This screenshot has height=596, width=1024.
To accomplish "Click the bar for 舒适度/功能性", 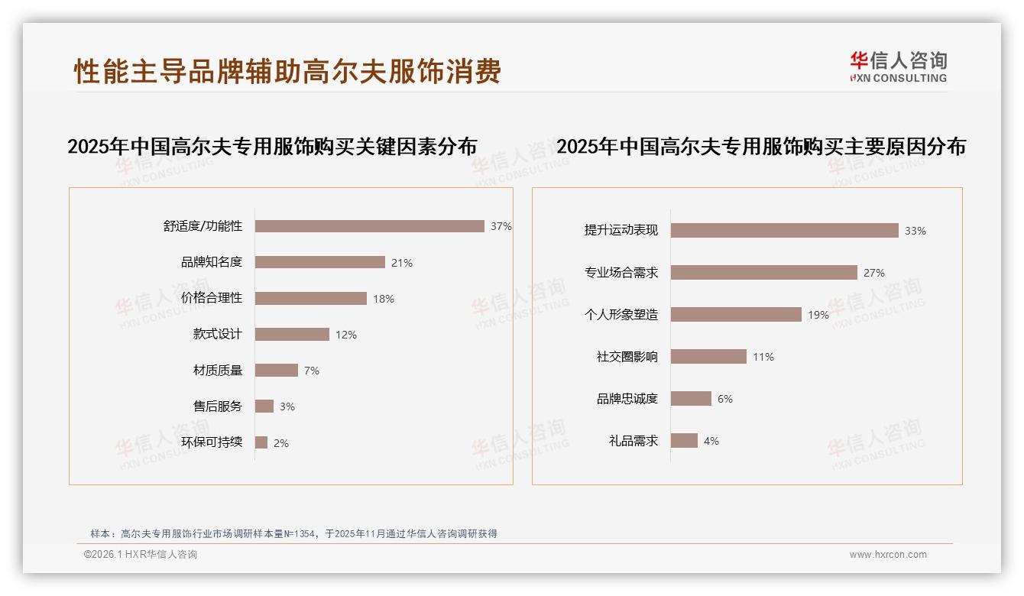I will click(x=370, y=226).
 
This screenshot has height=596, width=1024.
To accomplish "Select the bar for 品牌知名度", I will click(x=320, y=262).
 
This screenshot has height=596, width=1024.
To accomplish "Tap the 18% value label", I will click(x=384, y=299).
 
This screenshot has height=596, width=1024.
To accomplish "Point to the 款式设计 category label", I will click(x=217, y=334).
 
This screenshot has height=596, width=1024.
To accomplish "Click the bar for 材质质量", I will click(x=277, y=370).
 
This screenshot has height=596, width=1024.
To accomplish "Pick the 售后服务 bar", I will click(x=264, y=406).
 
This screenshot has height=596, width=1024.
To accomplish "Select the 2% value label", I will click(x=281, y=443).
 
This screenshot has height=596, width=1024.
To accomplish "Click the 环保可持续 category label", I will click(x=212, y=442).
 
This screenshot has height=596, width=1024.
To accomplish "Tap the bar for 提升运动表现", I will click(x=785, y=230).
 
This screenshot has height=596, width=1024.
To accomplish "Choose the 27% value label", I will click(x=874, y=273).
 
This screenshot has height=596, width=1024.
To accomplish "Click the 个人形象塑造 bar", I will click(x=737, y=314).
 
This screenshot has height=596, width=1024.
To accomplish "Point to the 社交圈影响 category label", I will click(x=627, y=356).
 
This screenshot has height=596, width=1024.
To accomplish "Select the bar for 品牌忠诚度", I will click(x=692, y=398).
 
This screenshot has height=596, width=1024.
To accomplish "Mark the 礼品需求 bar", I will click(x=685, y=440).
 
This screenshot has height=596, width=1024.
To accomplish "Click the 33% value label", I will click(x=915, y=231).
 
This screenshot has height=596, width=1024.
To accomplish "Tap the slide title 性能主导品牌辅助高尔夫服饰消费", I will click(x=287, y=71).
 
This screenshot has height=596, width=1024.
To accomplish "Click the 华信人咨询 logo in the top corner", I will click(x=898, y=66).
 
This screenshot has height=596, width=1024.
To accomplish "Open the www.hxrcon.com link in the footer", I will click(x=888, y=555).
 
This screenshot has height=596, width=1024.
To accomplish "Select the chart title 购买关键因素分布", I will click(x=272, y=146).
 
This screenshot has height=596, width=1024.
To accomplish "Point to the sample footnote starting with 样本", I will click(x=293, y=533).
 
